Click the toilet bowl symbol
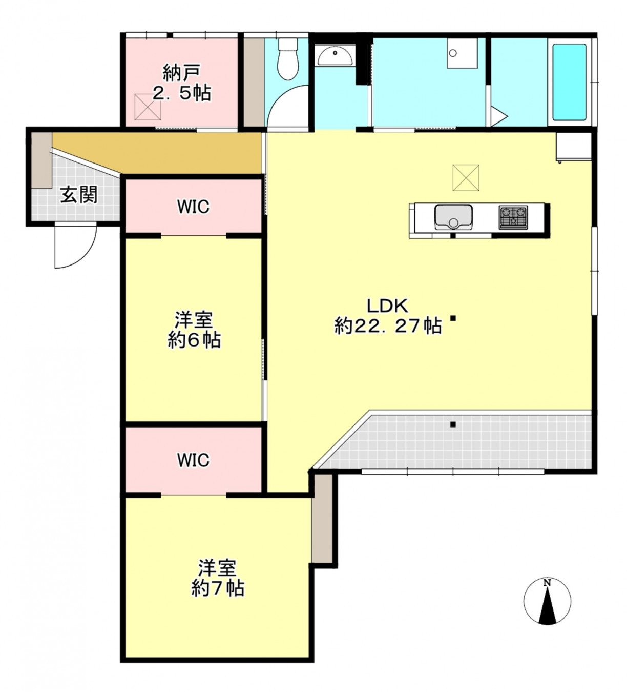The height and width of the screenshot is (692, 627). [288, 59]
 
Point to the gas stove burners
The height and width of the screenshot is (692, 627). [513, 217]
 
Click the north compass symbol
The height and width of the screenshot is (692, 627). [547, 602]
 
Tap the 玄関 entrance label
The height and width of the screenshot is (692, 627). [79, 195]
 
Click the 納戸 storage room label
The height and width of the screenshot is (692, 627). [181, 73]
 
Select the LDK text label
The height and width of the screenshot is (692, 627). [387, 306]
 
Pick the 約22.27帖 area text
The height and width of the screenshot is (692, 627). [388, 326]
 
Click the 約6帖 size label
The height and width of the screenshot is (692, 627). [194, 340]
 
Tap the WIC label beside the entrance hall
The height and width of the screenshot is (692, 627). [193, 207]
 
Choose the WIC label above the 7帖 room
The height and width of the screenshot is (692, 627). [193, 460]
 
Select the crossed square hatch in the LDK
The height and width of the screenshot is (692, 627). [466, 178]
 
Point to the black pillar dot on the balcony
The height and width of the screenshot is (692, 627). [453, 424]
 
